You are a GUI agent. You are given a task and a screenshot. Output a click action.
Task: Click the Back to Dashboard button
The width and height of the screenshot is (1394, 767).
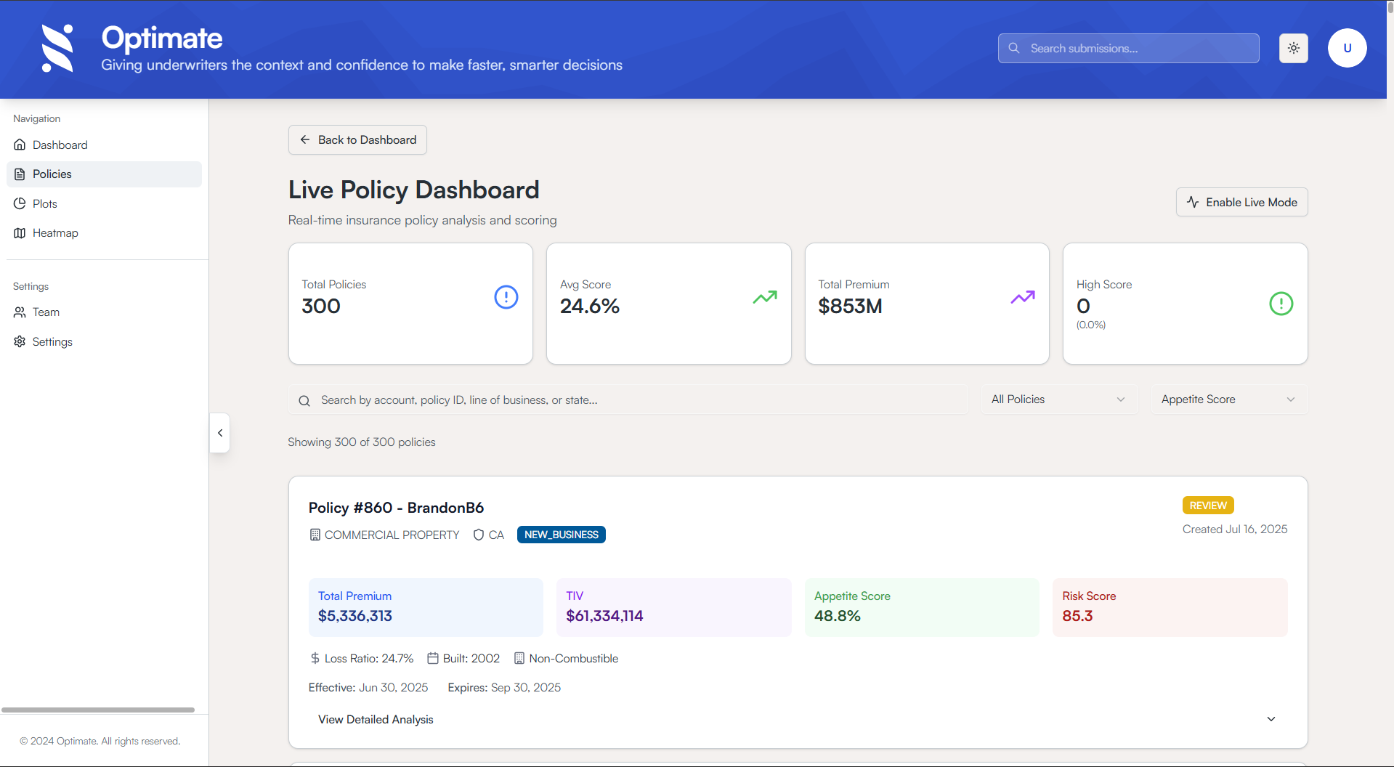[357, 140]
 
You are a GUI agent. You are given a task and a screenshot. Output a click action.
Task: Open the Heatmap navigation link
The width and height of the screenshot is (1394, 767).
[55, 233]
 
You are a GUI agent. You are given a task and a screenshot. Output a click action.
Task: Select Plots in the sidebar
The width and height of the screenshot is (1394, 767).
[44, 204]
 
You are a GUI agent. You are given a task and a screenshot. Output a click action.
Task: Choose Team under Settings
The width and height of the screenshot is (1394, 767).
[46, 312]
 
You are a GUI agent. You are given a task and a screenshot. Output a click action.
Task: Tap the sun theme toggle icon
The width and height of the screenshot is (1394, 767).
[1293, 49]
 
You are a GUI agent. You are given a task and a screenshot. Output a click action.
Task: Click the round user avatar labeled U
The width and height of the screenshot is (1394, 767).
[1347, 49]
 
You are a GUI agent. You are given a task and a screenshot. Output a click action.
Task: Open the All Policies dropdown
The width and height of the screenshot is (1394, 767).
[1058, 399]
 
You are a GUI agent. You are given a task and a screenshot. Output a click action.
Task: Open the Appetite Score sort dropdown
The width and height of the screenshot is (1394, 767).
[1228, 399]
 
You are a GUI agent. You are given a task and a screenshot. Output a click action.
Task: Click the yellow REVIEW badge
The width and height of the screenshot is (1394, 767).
[1207, 506]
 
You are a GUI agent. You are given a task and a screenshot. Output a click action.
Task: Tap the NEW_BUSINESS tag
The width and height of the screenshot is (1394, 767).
[561, 535]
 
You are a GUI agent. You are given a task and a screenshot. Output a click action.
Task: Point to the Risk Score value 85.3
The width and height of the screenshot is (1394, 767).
[1077, 616]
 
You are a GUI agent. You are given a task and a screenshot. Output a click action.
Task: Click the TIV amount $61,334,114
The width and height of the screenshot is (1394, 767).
[604, 616]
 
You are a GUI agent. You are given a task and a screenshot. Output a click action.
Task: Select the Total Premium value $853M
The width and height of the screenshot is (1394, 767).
[850, 307]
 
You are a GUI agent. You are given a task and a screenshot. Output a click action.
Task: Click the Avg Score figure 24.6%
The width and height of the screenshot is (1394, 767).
[589, 307]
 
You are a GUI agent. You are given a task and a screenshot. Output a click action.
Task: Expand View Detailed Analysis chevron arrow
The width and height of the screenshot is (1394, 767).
[1271, 719]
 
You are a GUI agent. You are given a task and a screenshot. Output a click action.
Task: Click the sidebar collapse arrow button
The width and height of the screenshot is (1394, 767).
[220, 433]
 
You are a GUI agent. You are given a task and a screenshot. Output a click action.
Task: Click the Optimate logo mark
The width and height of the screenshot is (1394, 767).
[58, 49]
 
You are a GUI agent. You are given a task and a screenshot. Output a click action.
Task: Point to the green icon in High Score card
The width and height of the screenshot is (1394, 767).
[1281, 304]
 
